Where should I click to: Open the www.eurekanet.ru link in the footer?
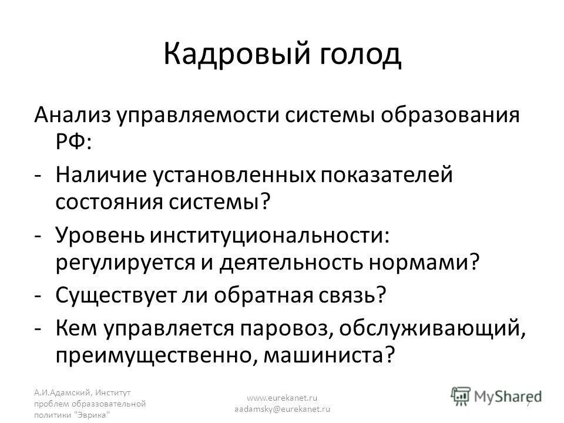click(x=283, y=397)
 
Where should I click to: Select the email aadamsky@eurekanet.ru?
click(x=283, y=408)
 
